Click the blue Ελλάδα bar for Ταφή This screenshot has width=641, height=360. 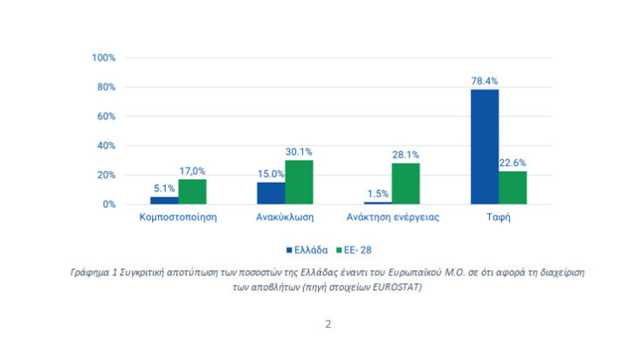(x=485, y=147)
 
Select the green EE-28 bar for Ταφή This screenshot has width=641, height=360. (x=513, y=188)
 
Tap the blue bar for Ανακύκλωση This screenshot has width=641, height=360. (x=271, y=193)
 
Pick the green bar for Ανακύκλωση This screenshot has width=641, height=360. (x=299, y=183)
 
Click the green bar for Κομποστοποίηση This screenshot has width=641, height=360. (x=192, y=191)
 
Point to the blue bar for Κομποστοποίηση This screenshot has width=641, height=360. (x=164, y=200)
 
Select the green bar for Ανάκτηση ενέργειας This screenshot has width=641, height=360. (x=405, y=183)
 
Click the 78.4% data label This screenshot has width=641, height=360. (x=484, y=80)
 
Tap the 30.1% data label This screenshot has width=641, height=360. (x=299, y=152)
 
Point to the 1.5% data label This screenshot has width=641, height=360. (x=377, y=194)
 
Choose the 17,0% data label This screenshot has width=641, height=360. (x=192, y=171)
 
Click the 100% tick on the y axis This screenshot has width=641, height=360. (x=104, y=58)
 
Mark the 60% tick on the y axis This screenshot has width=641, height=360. (x=107, y=116)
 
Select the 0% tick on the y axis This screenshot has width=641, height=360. (x=110, y=204)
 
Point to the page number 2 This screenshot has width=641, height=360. (x=327, y=324)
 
